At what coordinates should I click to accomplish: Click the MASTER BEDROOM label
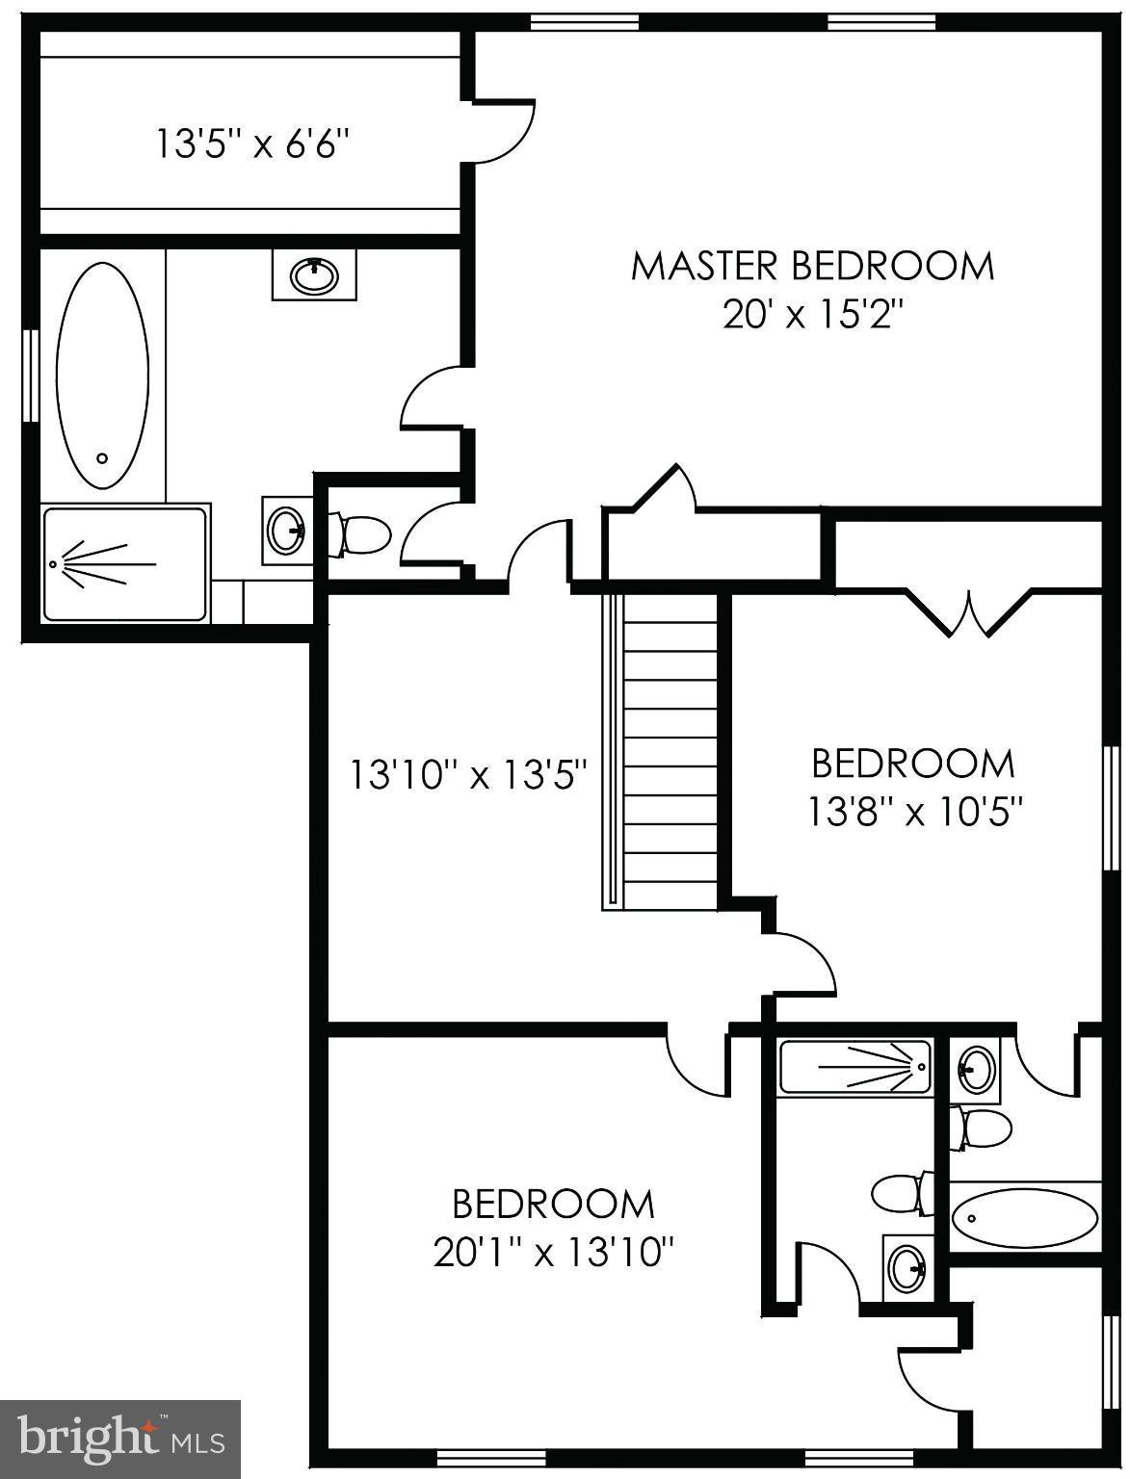click(812, 266)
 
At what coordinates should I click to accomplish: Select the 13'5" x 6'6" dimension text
click(251, 144)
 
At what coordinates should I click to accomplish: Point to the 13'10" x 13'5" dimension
click(467, 773)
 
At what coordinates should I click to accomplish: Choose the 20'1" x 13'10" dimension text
click(553, 1253)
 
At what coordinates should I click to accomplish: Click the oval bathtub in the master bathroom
click(103, 375)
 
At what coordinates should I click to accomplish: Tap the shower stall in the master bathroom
click(125, 563)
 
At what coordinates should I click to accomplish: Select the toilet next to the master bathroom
click(362, 534)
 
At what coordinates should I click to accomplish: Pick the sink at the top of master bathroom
click(314, 275)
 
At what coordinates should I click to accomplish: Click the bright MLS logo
click(120, 1440)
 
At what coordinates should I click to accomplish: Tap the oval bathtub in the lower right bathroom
click(1024, 1217)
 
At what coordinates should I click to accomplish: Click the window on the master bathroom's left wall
click(30, 376)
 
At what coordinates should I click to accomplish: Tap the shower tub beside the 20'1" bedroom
click(854, 1067)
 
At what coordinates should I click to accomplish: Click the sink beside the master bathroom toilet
click(286, 530)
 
